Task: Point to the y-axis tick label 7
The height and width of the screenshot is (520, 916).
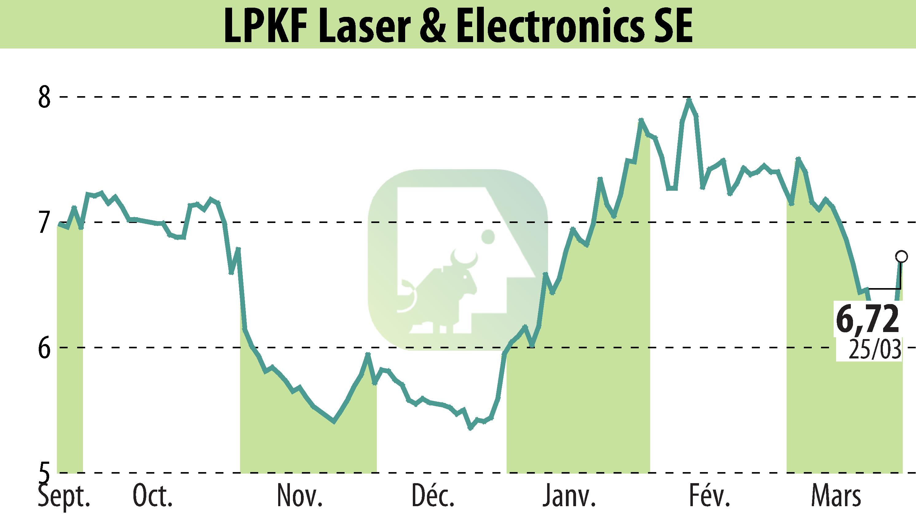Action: point(45,222)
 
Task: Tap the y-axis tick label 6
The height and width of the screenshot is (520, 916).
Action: point(45,347)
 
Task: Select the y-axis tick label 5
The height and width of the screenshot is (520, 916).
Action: point(45,472)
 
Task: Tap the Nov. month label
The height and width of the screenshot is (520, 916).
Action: point(299,497)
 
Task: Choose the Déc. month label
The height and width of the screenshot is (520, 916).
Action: point(432,497)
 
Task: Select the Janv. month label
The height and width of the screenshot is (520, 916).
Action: point(569,497)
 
